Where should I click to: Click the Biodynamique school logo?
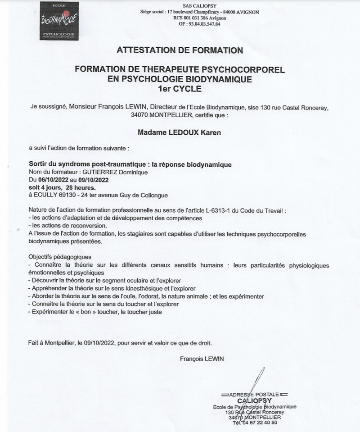tap(59, 21)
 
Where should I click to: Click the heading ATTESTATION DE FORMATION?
tap(180, 50)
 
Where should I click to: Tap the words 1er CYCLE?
tap(180, 89)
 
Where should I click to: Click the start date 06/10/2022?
tap(56, 179)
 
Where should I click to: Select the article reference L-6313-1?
tap(211, 210)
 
